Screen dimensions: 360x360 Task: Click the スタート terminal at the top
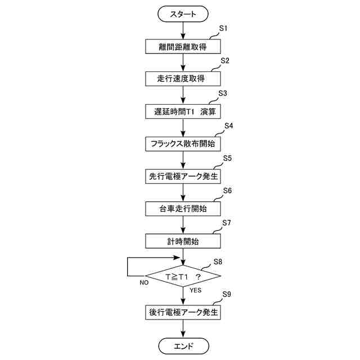183,13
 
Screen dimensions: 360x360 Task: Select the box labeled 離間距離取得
183,46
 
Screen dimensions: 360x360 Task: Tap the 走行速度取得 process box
183,78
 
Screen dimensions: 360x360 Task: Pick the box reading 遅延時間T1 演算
183,111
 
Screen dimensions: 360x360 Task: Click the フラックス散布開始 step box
183,143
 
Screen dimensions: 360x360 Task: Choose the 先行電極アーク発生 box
183,176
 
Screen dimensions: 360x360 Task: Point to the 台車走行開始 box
183,209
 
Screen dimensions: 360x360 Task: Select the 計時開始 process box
183,241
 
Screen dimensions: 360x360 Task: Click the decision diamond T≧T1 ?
183,277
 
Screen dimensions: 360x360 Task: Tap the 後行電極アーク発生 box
183,311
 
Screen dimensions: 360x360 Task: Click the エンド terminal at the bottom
183,345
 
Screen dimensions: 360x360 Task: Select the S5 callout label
227,159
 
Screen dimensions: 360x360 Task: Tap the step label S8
218,262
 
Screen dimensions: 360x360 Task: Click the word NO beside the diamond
144,283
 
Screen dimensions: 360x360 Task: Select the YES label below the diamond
195,290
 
